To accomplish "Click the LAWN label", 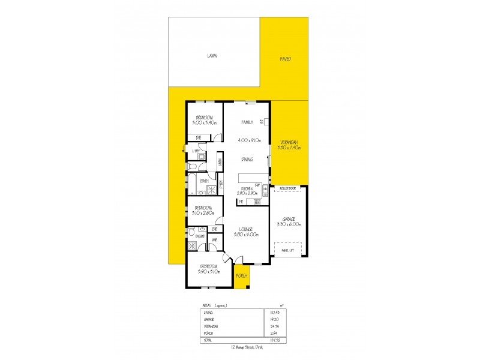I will [212, 55].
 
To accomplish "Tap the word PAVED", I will [286, 59].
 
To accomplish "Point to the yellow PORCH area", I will [242, 275].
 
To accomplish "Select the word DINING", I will [246, 159].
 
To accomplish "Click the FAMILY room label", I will [246, 122].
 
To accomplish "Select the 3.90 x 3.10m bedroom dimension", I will [209, 271].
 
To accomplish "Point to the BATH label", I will [196, 180].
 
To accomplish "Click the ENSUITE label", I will [199, 238].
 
